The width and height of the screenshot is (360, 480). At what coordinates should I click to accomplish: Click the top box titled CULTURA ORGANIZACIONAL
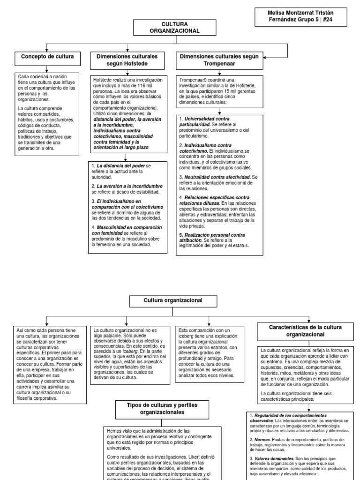pos(174,27)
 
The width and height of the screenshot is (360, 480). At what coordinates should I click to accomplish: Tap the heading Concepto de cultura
pos(47,57)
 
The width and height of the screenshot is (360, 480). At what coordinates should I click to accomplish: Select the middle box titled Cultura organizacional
pos(173,300)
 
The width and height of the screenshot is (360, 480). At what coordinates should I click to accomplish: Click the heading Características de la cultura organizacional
pos(305,331)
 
